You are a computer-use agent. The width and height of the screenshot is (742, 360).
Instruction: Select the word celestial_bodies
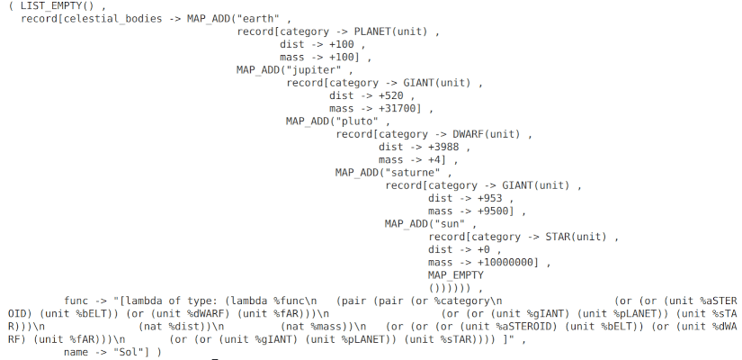coord(108,19)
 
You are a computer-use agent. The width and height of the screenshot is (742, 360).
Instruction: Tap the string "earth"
coord(262,19)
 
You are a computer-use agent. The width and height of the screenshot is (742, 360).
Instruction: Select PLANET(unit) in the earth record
coord(391,31)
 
